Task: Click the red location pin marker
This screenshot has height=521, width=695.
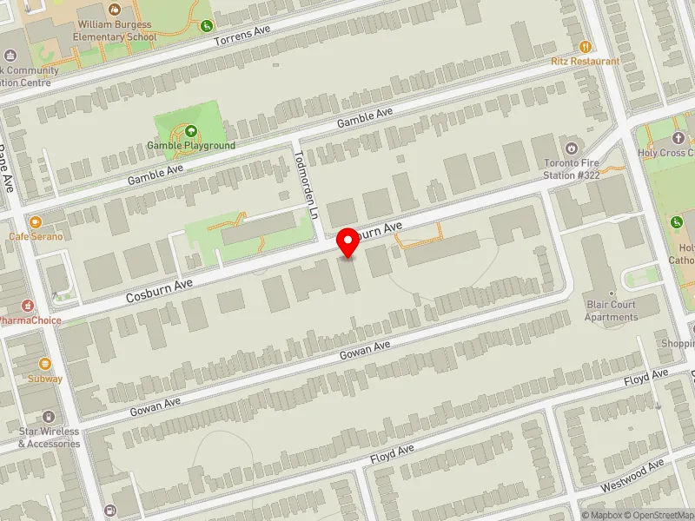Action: point(348,242)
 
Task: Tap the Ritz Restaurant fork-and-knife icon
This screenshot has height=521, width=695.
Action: point(586,46)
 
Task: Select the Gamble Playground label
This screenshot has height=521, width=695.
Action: point(191,145)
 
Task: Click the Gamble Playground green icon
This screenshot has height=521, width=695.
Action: point(191,131)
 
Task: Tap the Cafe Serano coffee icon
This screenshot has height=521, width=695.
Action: point(36,222)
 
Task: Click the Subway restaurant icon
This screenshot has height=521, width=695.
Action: point(44,364)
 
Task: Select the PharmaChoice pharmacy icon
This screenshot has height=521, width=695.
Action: point(29,306)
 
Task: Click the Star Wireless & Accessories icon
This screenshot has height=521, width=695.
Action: point(49,418)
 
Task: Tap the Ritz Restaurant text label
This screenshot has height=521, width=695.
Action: point(586,62)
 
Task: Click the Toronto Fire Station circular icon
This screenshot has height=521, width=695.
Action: point(572,147)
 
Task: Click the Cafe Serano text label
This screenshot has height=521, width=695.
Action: point(36,236)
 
